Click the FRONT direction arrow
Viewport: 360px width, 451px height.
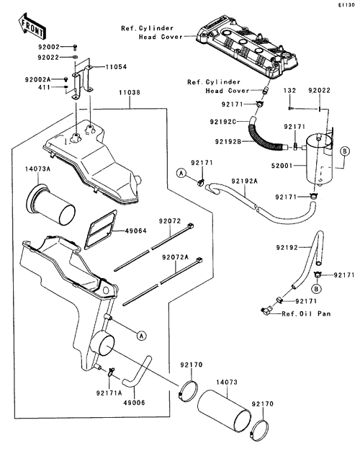pyautogui.click(x=32, y=26)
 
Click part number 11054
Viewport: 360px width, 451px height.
pyautogui.click(x=116, y=67)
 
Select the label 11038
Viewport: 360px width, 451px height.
pyautogui.click(x=130, y=93)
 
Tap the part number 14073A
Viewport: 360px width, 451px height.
pyautogui.click(x=37, y=169)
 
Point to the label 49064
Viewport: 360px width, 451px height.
pyautogui.click(x=135, y=231)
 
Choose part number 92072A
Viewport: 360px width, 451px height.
pyautogui.click(x=176, y=257)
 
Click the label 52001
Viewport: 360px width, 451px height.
pyautogui.click(x=282, y=166)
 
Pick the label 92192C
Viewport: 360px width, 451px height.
pyautogui.click(x=223, y=122)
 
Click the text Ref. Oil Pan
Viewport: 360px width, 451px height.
pyautogui.click(x=306, y=314)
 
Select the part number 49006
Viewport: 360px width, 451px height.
pyautogui.click(x=135, y=403)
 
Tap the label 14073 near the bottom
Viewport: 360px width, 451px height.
pyautogui.click(x=227, y=383)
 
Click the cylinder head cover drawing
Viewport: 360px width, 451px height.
pyautogui.click(x=247, y=48)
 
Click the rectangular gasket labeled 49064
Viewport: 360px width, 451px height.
pyautogui.click(x=101, y=229)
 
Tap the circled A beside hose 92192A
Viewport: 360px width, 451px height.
pyautogui.click(x=181, y=174)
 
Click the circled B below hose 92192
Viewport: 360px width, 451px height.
pyautogui.click(x=317, y=288)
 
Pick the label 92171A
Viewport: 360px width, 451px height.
pyautogui.click(x=109, y=393)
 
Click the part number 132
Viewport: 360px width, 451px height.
pyautogui.click(x=289, y=90)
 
